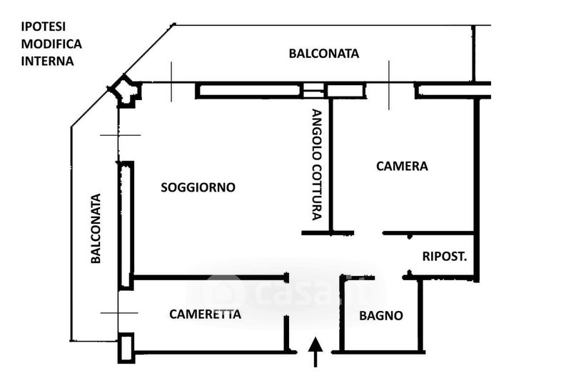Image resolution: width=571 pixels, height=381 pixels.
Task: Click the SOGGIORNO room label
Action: point(198,188)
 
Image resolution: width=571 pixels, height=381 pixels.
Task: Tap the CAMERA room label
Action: point(402,167)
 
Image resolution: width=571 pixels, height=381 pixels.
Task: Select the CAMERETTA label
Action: point(205,314)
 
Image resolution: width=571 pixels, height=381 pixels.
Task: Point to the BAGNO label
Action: point(380,315)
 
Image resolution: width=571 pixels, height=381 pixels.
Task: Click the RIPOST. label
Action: point(444,257)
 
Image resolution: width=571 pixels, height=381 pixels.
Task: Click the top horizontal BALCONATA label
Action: point(323,54)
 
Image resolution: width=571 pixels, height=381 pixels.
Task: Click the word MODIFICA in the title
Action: point(51,44)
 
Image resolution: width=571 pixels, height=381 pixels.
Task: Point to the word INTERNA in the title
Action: point(47,61)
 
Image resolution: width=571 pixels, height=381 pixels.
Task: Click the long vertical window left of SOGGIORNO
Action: point(126,224)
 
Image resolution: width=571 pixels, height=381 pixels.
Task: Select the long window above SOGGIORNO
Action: point(248,90)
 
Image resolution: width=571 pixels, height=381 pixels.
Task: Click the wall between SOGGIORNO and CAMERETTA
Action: point(210,277)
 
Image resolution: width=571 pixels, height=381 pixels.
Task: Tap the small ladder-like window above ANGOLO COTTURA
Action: point(313,91)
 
